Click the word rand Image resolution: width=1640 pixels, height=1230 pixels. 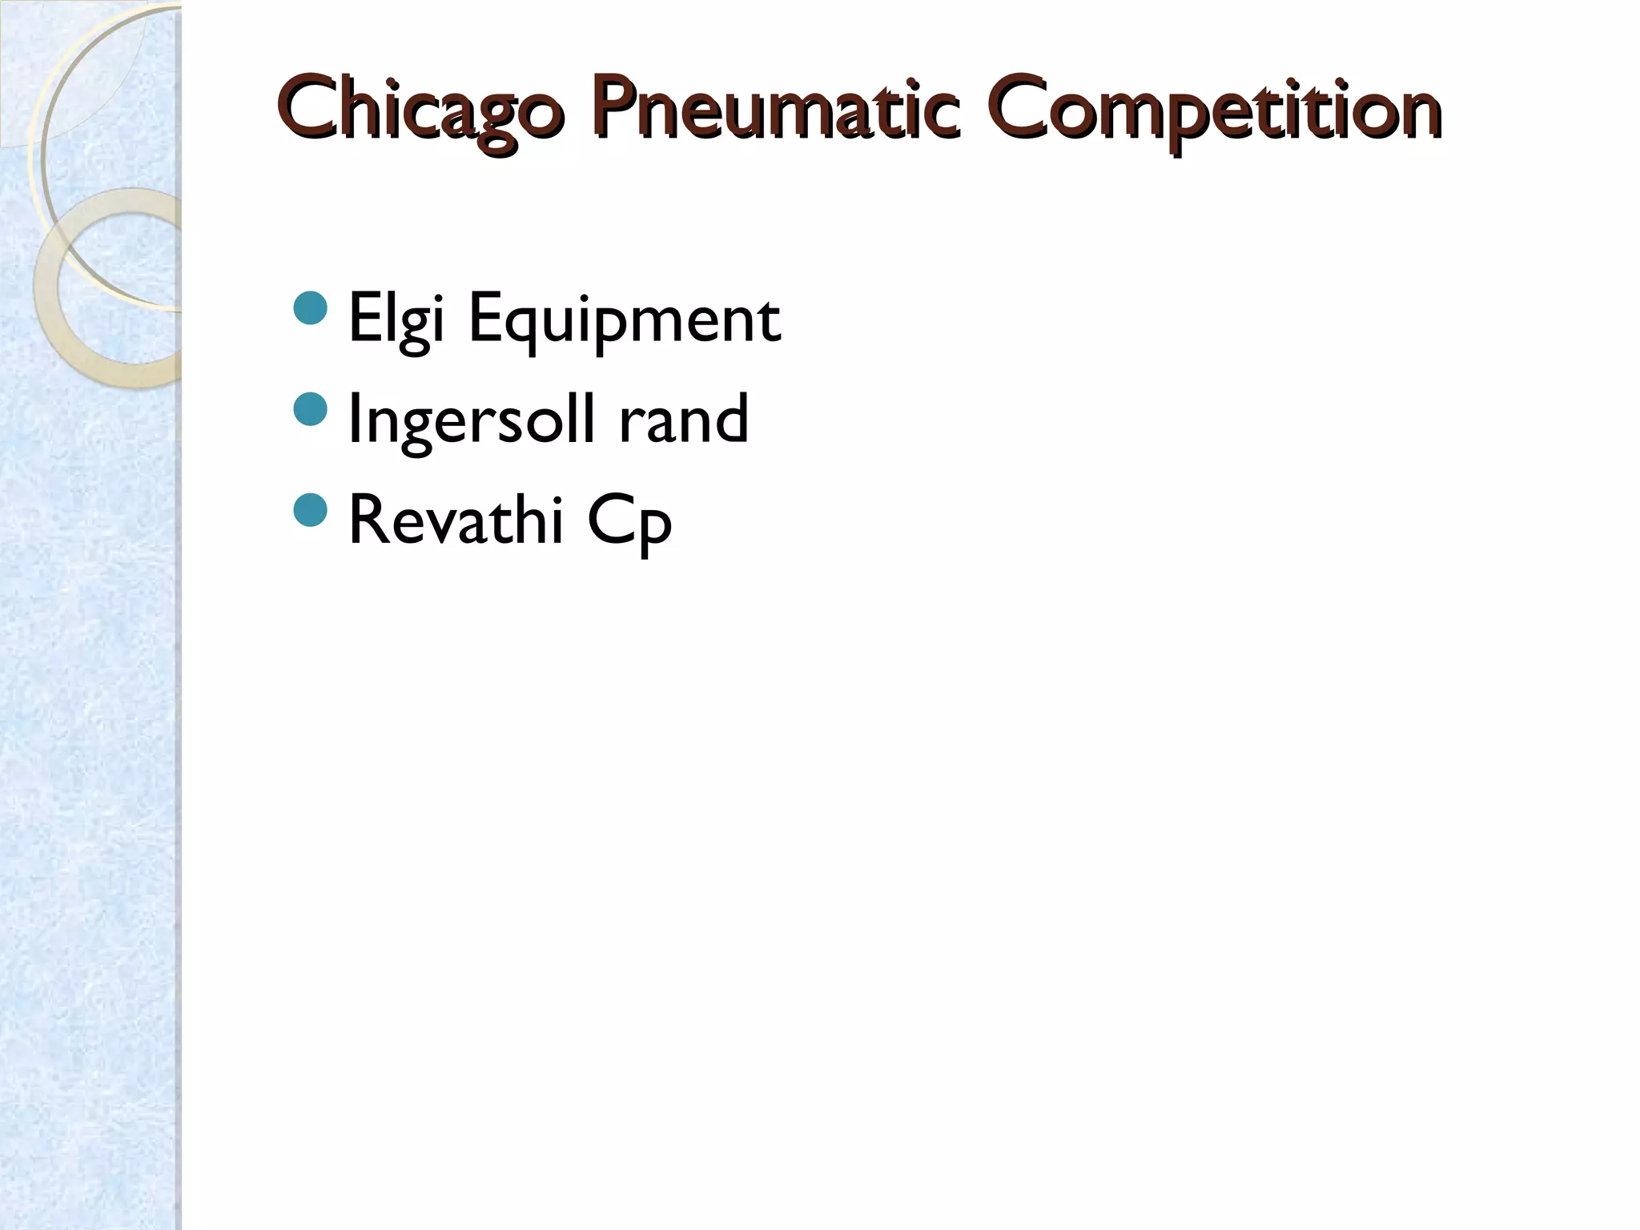(x=683, y=420)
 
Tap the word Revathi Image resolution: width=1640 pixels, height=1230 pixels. (x=456, y=521)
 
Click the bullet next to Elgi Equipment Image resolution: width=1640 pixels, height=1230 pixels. (x=311, y=308)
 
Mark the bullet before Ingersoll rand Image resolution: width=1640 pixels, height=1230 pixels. (x=311, y=409)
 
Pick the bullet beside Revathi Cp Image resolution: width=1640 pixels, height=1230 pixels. (x=311, y=510)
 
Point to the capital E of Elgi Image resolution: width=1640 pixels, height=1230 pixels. (x=364, y=317)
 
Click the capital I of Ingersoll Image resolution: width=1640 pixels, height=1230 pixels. (x=356, y=418)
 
